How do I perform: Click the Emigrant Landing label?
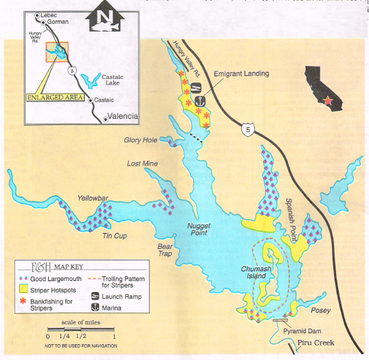pyautogui.click(x=242, y=74)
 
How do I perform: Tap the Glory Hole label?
pyautogui.click(x=142, y=140)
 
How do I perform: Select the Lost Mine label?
pyautogui.click(x=142, y=164)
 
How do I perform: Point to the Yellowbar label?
pyautogui.click(x=93, y=199)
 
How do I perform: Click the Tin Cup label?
pyautogui.click(x=116, y=237)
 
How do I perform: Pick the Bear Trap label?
pyautogui.click(x=164, y=249)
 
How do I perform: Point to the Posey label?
pyautogui.click(x=320, y=311)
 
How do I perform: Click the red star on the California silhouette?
pyautogui.click(x=333, y=100)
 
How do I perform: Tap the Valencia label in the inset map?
pyautogui.click(x=123, y=116)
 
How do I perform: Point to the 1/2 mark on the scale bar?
pyautogui.click(x=81, y=336)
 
